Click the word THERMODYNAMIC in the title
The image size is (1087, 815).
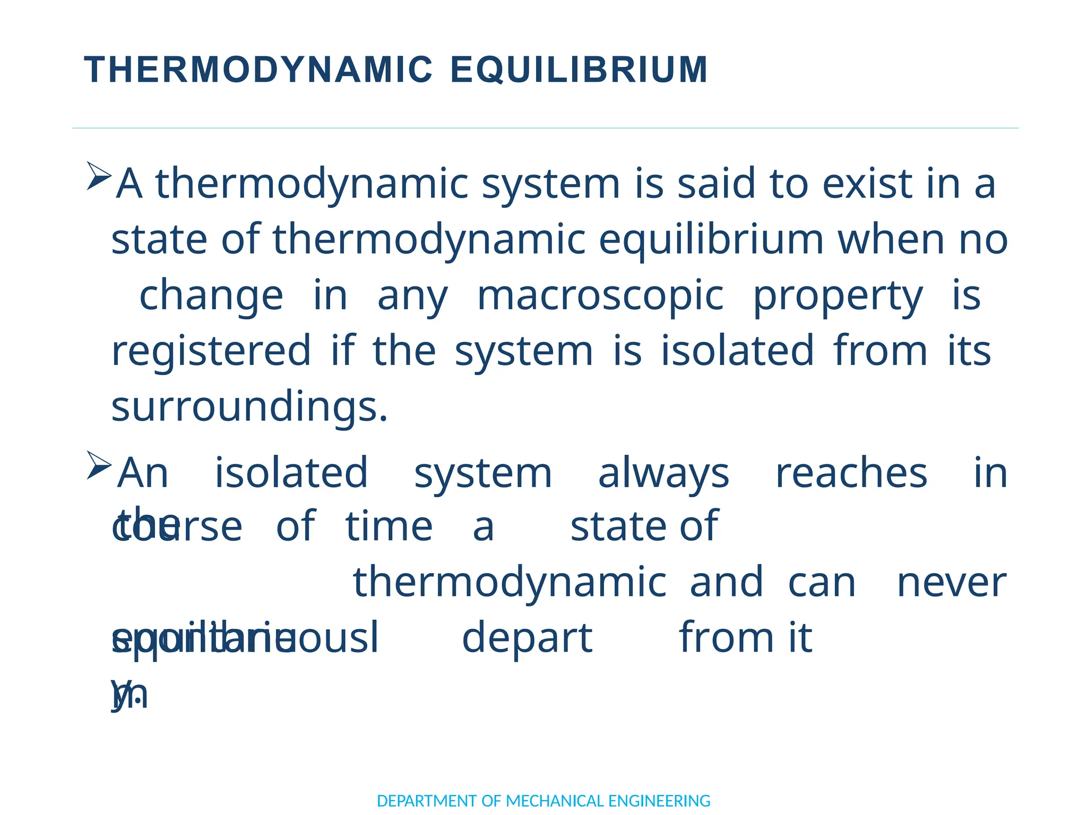click(x=258, y=70)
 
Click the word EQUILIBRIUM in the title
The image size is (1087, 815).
click(x=579, y=70)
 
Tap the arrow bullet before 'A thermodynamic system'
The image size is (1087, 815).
click(x=99, y=176)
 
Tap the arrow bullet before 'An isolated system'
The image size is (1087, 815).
click(x=99, y=465)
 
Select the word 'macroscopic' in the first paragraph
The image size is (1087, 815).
click(x=600, y=295)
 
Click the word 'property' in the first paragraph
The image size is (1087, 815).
click(x=838, y=295)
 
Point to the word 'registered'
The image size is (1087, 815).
click(x=211, y=351)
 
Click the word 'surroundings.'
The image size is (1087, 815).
click(x=249, y=406)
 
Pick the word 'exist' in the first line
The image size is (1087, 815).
click(x=867, y=184)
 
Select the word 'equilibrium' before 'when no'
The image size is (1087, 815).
click(x=711, y=239)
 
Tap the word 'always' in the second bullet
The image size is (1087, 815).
click(x=663, y=473)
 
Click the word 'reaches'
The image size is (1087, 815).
click(x=851, y=473)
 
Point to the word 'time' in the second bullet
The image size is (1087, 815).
click(x=389, y=526)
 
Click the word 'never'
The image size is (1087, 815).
click(x=951, y=582)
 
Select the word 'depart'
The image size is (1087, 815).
click(x=527, y=638)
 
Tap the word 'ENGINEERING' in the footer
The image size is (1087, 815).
click(x=659, y=801)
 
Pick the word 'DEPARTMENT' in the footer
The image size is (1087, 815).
click(x=427, y=801)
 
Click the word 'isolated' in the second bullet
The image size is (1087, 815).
click(x=291, y=473)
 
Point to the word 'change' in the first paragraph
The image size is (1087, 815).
click(x=211, y=295)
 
